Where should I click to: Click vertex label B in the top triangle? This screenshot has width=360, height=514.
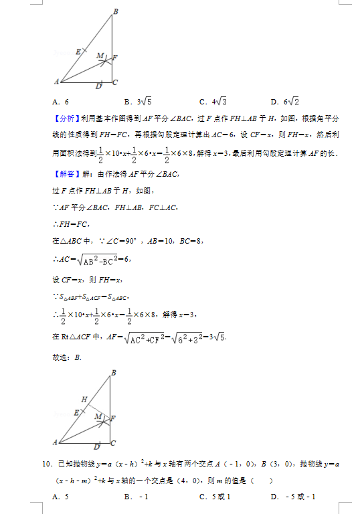click(116, 11)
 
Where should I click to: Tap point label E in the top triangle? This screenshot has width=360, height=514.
click(78, 52)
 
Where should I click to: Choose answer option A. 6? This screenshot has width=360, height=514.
click(61, 102)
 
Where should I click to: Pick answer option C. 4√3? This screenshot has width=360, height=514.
click(213, 102)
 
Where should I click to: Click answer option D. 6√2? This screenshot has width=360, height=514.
click(284, 102)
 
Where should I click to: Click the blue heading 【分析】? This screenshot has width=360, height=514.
click(66, 118)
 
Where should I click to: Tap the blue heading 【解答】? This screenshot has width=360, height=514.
click(66, 175)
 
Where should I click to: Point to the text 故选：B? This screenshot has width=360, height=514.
click(66, 357)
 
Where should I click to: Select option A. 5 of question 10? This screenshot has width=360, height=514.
click(61, 496)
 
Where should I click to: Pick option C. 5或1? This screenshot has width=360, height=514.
click(215, 496)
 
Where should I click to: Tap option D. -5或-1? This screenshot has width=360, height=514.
click(292, 496)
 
